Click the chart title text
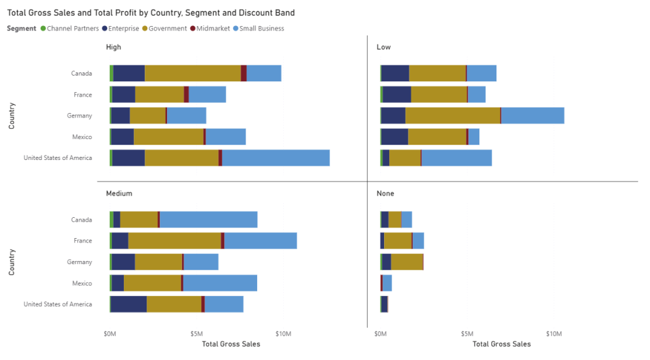pyautogui.click(x=151, y=13)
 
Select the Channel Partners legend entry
pyautogui.click(x=72, y=29)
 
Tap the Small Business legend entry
pyautogui.click(x=261, y=29)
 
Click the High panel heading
pyautogui.click(x=114, y=47)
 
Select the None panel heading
pyautogui.click(x=385, y=193)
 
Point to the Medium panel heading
pyautogui.click(x=119, y=193)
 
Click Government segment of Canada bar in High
pyautogui.click(x=193, y=73)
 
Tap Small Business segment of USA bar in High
pyautogui.click(x=275, y=157)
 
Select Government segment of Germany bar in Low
pyautogui.click(x=453, y=116)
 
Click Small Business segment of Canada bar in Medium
pyautogui.click(x=208, y=219)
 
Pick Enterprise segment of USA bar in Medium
pyautogui.click(x=128, y=304)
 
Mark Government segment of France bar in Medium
pyautogui.click(x=175, y=241)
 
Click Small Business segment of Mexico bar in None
pyautogui.click(x=387, y=283)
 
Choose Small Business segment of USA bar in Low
pyautogui.click(x=456, y=157)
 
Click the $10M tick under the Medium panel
pyautogui.click(x=283, y=333)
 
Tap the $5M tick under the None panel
pyautogui.click(x=467, y=333)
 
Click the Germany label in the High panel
pyautogui.click(x=79, y=116)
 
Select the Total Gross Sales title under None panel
pyautogui.click(x=501, y=344)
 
